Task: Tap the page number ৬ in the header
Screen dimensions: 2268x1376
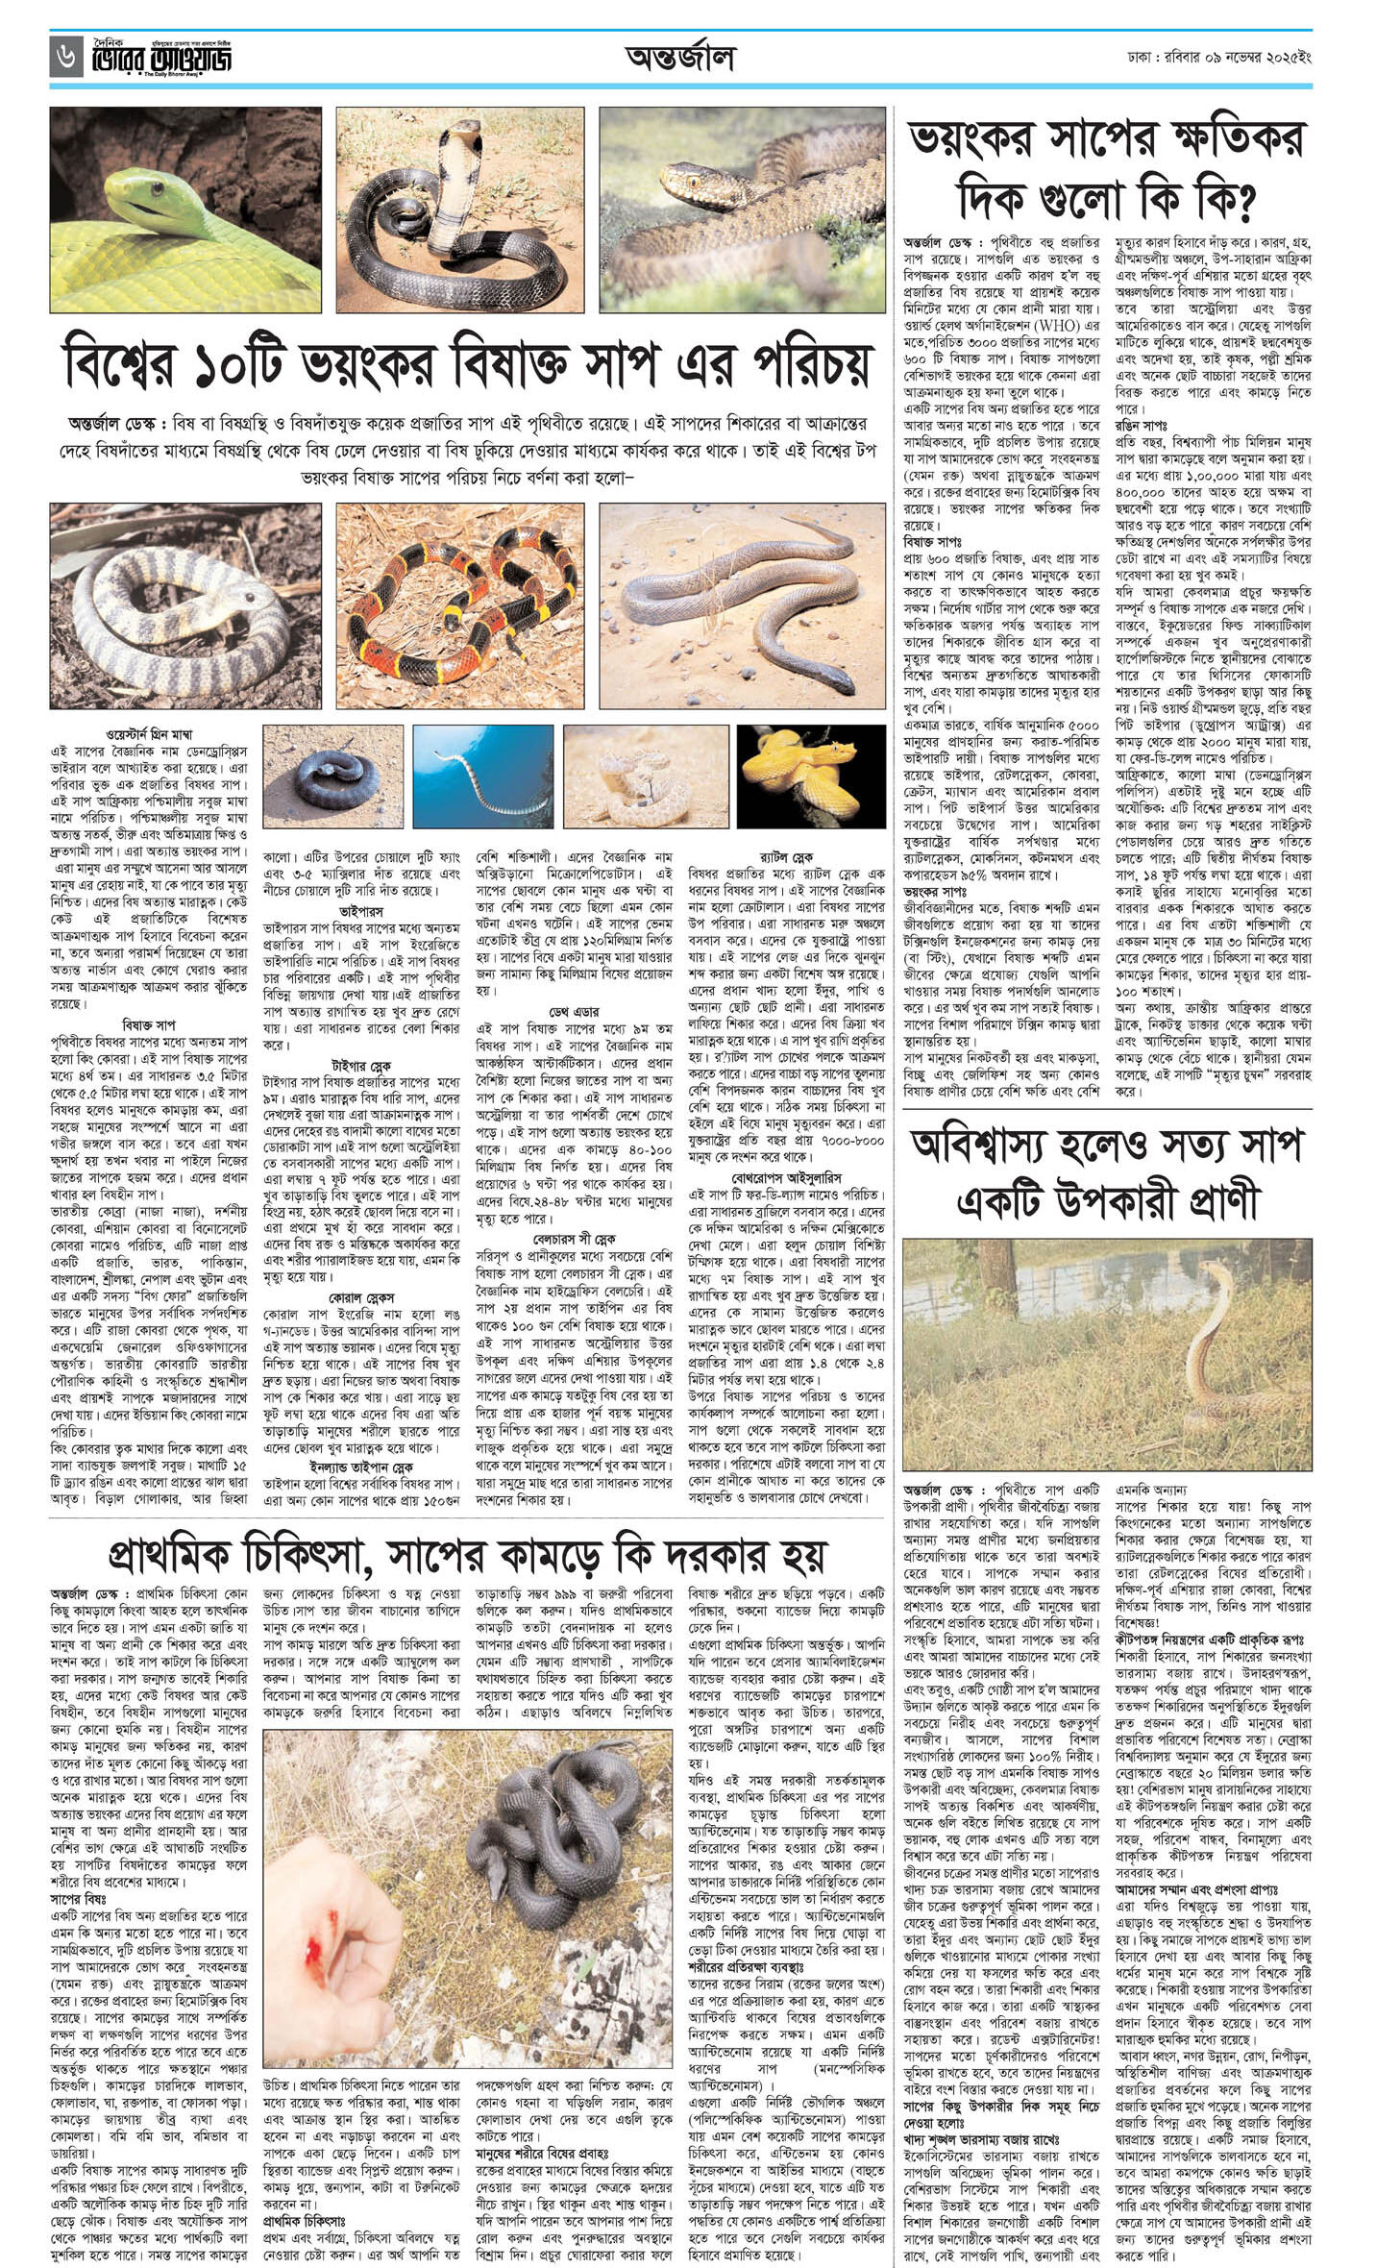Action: pos(63,59)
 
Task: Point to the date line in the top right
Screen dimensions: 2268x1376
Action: pos(1220,59)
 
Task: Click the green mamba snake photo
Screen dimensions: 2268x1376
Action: pos(185,210)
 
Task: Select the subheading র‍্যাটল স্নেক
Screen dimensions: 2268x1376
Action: pos(786,855)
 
